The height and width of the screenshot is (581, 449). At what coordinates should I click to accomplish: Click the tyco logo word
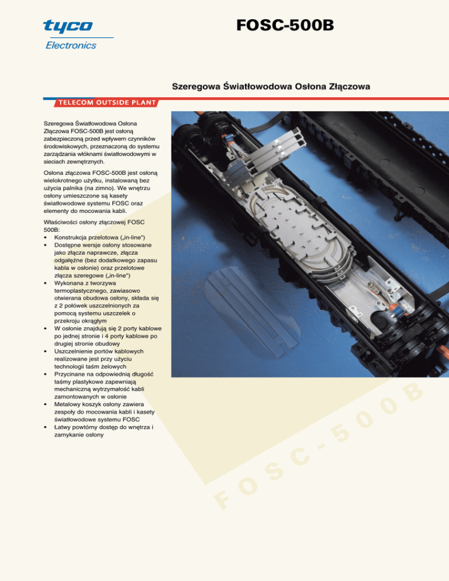click(68, 26)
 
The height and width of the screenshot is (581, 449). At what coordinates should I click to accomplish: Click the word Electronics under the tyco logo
click(71, 45)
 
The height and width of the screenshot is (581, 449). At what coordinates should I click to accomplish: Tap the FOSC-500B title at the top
click(285, 25)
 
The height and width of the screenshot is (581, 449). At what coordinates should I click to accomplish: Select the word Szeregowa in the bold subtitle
click(196, 87)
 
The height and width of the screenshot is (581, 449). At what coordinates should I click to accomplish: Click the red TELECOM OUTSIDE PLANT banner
click(107, 103)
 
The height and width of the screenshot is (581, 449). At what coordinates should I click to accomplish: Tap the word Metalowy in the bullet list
click(67, 404)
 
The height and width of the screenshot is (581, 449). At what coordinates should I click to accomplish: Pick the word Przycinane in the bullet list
click(70, 374)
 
